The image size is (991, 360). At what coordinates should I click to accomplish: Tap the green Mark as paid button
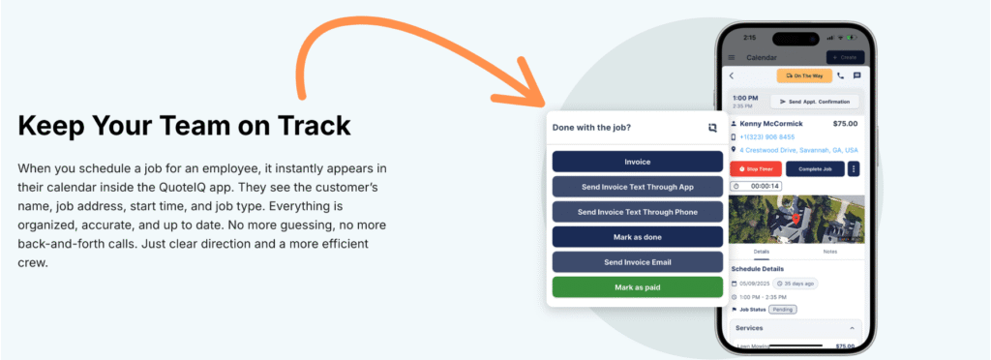tap(637, 286)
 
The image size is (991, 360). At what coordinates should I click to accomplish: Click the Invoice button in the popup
tap(637, 162)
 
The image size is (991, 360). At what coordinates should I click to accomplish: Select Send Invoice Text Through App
tap(637, 187)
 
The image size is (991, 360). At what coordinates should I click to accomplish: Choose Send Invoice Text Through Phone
tap(637, 212)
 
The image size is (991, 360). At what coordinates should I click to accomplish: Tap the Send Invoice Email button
tap(637, 261)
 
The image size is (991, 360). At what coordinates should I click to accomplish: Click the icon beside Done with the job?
tap(712, 127)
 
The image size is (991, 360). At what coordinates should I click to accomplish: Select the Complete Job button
tap(814, 168)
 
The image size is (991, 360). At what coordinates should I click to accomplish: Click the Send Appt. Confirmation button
tap(815, 102)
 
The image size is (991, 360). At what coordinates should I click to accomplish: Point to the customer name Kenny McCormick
tap(771, 124)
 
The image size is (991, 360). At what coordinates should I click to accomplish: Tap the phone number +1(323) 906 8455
tap(768, 137)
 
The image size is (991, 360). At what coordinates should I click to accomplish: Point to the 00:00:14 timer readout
tap(765, 186)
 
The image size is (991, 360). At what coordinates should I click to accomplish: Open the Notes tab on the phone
tap(829, 252)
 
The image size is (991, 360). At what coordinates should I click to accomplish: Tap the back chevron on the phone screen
tap(732, 75)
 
